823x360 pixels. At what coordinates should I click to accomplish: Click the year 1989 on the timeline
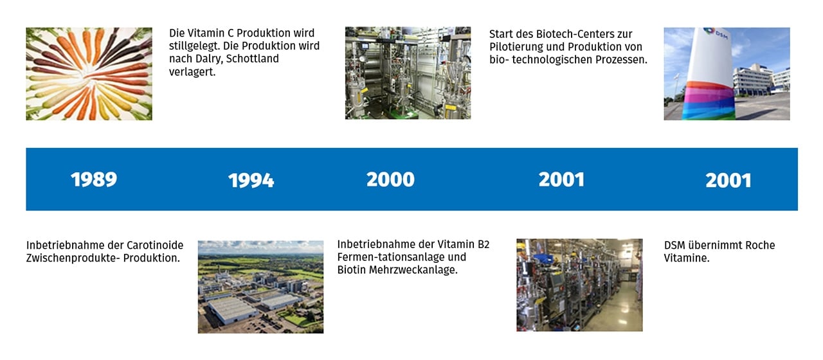pos(94,179)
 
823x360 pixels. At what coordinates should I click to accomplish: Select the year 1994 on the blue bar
pos(251,181)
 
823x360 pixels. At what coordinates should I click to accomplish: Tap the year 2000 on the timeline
pos(390,179)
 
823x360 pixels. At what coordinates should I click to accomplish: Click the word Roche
pos(761,245)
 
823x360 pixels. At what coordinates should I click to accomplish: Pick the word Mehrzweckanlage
pos(413,270)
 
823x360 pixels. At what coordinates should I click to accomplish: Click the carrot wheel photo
pos(89,74)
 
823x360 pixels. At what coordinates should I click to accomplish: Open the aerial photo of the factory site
pos(261,287)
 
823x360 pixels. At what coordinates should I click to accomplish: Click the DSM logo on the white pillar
pos(716,33)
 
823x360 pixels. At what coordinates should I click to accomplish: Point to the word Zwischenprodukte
pos(73,258)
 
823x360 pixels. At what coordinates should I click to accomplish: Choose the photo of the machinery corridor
pos(579,285)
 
